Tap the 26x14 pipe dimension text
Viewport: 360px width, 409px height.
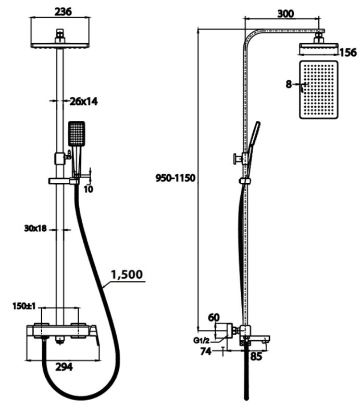point(84,102)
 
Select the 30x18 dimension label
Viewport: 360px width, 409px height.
point(35,228)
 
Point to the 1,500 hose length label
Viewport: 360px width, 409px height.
point(127,274)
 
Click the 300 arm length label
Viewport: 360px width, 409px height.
point(285,14)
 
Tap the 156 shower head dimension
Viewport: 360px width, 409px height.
point(347,52)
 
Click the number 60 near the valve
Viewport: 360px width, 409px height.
point(214,317)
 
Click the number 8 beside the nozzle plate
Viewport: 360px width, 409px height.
point(289,83)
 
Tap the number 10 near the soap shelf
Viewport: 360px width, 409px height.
point(88,189)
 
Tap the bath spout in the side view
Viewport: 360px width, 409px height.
point(259,341)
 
